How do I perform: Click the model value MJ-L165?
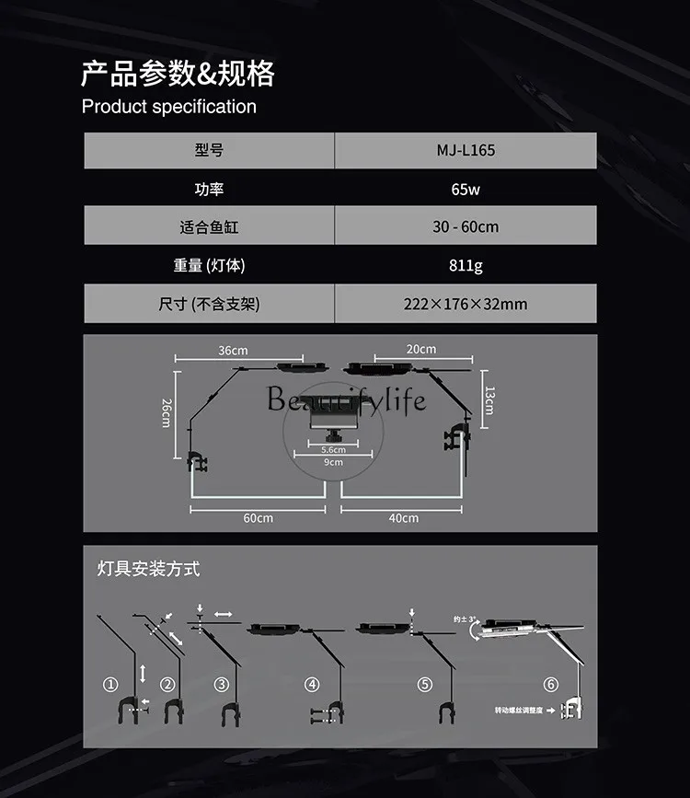pyautogui.click(x=465, y=150)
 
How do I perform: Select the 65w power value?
pyautogui.click(x=465, y=189)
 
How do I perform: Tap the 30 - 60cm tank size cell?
pyautogui.click(x=465, y=226)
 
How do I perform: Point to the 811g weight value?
pyautogui.click(x=465, y=265)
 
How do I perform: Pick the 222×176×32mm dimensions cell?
pyautogui.click(x=465, y=304)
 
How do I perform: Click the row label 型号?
pyautogui.click(x=210, y=150)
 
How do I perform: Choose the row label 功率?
pyautogui.click(x=210, y=189)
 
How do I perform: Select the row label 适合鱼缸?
pyautogui.click(x=210, y=226)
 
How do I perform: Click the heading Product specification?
pyautogui.click(x=169, y=107)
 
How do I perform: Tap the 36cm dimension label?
pyautogui.click(x=233, y=351)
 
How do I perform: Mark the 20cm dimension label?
pyautogui.click(x=421, y=349)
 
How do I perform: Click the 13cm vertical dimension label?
pyautogui.click(x=488, y=399)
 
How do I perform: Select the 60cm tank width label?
pyautogui.click(x=258, y=518)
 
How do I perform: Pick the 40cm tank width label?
pyautogui.click(x=403, y=518)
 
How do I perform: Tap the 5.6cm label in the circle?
pyautogui.click(x=333, y=450)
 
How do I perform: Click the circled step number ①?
pyautogui.click(x=111, y=685)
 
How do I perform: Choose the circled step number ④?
pyautogui.click(x=313, y=685)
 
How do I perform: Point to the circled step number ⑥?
pyautogui.click(x=550, y=685)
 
